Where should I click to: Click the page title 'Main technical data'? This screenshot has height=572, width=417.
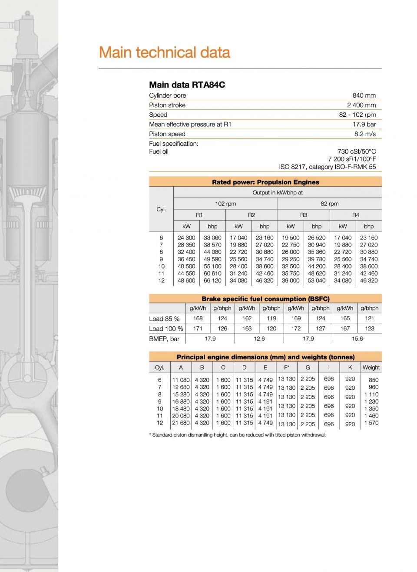pyautogui.click(x=164, y=53)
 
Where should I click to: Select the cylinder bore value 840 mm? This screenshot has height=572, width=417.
pyautogui.click(x=364, y=95)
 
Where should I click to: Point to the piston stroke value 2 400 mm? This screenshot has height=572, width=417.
pyautogui.click(x=361, y=105)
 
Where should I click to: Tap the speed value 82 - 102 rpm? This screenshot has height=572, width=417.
pyautogui.click(x=357, y=115)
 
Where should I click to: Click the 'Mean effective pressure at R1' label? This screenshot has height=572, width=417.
pyautogui.click(x=190, y=124)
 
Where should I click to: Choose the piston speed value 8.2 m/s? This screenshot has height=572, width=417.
pyautogui.click(x=365, y=134)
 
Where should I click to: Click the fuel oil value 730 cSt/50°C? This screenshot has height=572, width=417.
pyautogui.click(x=357, y=151)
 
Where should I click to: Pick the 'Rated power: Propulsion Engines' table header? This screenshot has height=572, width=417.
pyautogui.click(x=265, y=182)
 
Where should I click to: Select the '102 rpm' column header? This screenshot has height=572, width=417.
pyautogui.click(x=225, y=204)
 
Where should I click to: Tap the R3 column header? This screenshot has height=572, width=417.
pyautogui.click(x=304, y=215)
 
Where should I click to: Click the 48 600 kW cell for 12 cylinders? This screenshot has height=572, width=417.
pyautogui.click(x=186, y=281)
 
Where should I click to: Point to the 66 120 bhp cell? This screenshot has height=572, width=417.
pyautogui.click(x=212, y=281)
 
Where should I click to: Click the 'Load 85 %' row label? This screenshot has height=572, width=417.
pyautogui.click(x=164, y=319)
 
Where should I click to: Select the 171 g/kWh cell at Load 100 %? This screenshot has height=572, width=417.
pyautogui.click(x=198, y=329)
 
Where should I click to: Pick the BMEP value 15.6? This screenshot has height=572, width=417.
pyautogui.click(x=357, y=339)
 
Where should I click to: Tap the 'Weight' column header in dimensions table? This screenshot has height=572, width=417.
pyautogui.click(x=371, y=368)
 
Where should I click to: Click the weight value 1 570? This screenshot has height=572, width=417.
pyautogui.click(x=371, y=423)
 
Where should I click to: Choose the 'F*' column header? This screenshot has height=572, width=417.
pyautogui.click(x=286, y=368)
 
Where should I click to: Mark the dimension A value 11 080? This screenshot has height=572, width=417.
pyautogui.click(x=181, y=380)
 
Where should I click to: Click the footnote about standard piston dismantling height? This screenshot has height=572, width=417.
pyautogui.click(x=237, y=435)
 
